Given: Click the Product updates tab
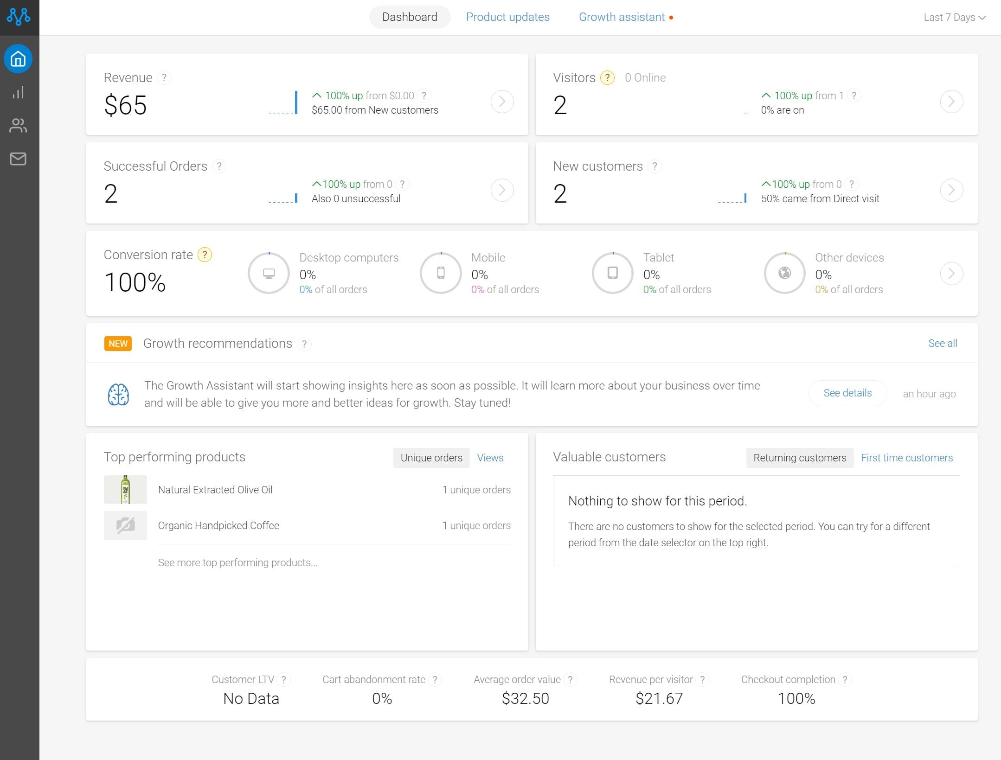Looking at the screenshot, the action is [x=507, y=17].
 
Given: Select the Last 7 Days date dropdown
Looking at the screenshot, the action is [x=955, y=18].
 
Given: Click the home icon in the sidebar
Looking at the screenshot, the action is [x=18, y=59].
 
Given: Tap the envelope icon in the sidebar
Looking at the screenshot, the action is [x=18, y=159].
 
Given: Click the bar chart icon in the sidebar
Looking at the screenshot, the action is [x=18, y=92].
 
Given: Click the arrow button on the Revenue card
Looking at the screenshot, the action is [x=502, y=102].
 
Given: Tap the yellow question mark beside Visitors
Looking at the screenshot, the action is [x=607, y=77].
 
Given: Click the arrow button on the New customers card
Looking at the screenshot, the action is [x=951, y=190].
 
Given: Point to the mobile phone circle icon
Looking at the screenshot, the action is [x=441, y=273].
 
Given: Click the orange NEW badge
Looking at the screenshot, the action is [x=118, y=344].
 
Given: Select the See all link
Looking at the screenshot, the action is [x=943, y=343].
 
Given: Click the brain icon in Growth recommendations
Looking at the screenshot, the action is [x=118, y=395].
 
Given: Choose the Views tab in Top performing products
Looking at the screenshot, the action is [x=490, y=458].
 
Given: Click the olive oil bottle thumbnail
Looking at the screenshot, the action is [x=125, y=490].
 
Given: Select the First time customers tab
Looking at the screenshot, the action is [x=907, y=458].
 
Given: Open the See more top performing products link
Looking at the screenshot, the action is [x=237, y=562].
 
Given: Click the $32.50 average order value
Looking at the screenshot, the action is [x=525, y=698].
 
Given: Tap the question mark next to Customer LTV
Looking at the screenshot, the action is [x=283, y=680].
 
